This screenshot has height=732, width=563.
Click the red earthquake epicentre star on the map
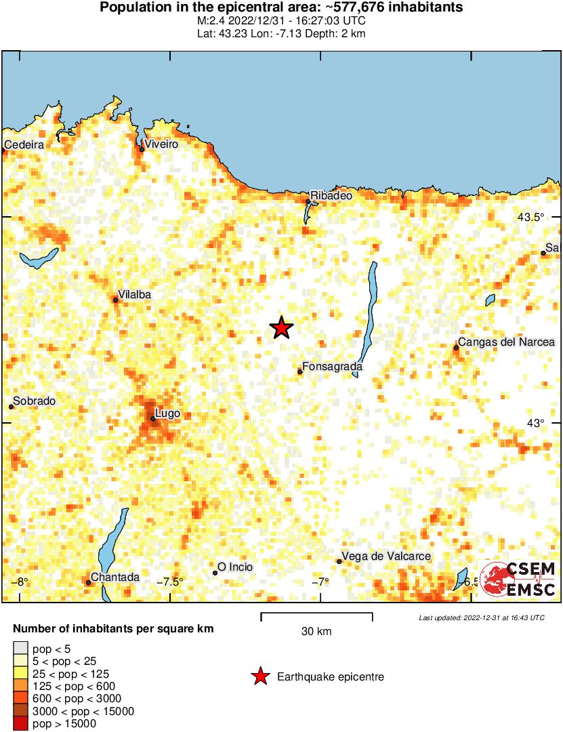pyautogui.click(x=281, y=328)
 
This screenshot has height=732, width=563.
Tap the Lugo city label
pyautogui.click(x=167, y=413)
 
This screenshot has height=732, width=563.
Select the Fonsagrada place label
pyautogui.click(x=332, y=367)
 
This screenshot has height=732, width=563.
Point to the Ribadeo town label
pyautogui.click(x=331, y=195)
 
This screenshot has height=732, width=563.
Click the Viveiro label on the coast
pyautogui.click(x=161, y=144)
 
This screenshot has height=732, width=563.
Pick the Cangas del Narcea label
pyautogui.click(x=506, y=342)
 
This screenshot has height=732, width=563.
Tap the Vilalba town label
pyautogui.click(x=134, y=294)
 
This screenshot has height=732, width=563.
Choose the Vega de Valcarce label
pyautogui.click(x=386, y=556)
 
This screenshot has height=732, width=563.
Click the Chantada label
pyautogui.click(x=115, y=577)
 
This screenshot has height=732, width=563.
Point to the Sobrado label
pyautogui.click(x=34, y=401)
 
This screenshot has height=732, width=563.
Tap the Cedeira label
pyautogui.click(x=24, y=144)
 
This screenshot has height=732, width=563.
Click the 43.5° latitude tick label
pyautogui.click(x=530, y=217)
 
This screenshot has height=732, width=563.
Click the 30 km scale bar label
pyautogui.click(x=316, y=632)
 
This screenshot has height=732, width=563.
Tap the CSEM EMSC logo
pyautogui.click(x=518, y=579)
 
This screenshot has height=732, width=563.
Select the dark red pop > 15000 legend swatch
pyautogui.click(x=21, y=724)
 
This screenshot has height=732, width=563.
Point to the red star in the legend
pyautogui.click(x=259, y=676)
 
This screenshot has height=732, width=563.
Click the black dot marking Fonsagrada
pyautogui.click(x=300, y=371)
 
